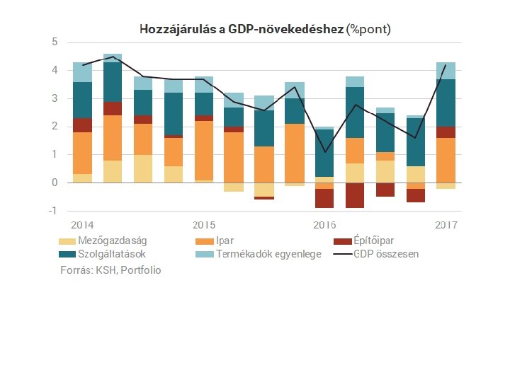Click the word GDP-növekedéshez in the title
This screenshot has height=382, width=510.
pyautogui.click(x=286, y=29)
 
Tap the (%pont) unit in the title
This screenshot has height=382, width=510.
pyautogui.click(x=368, y=29)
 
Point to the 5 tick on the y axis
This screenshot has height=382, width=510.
pyautogui.click(x=55, y=42)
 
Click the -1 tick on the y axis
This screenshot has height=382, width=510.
pyautogui.click(x=52, y=211)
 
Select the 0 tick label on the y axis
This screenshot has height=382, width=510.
pyautogui.click(x=55, y=183)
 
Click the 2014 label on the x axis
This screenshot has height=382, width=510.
pyautogui.click(x=82, y=225)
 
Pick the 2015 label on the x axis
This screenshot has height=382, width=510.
pyautogui.click(x=204, y=225)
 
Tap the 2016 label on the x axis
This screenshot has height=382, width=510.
pyautogui.click(x=324, y=225)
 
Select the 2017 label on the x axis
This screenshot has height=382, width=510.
pyautogui.click(x=446, y=225)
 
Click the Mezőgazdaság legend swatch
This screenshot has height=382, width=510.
pyautogui.click(x=68, y=241)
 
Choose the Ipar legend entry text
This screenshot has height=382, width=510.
pyautogui.click(x=225, y=241)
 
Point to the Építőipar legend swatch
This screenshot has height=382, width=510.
pyautogui.click(x=343, y=241)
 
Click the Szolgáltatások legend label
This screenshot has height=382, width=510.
pyautogui.click(x=112, y=254)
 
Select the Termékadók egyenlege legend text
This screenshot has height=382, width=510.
pyautogui.click(x=268, y=254)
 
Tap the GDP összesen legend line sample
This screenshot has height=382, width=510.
pyautogui.click(x=343, y=254)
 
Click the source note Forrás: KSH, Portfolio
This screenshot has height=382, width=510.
pyautogui.click(x=110, y=270)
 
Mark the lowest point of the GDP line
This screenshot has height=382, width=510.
pyautogui.click(x=324, y=151)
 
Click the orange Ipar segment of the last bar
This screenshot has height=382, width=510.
pyautogui.click(x=446, y=160)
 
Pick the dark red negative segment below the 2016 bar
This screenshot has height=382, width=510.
pyautogui.click(x=324, y=198)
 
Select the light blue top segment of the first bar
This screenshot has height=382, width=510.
pyautogui.click(x=82, y=72)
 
